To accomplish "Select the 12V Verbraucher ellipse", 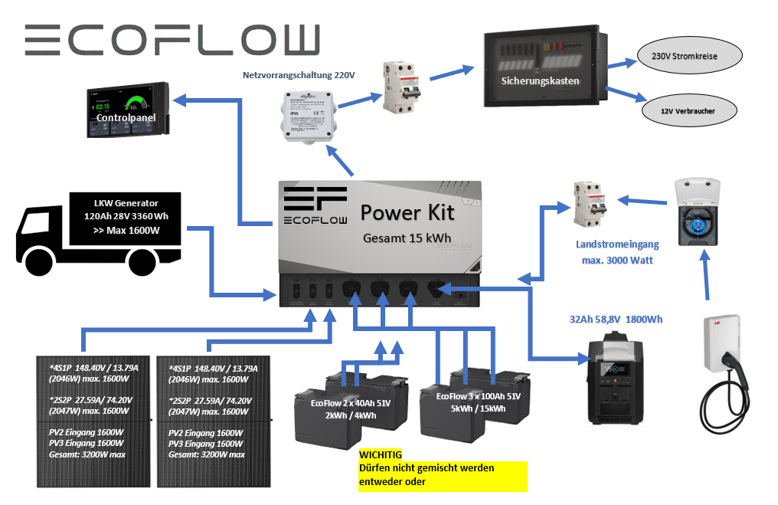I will pyautogui.click(x=688, y=110).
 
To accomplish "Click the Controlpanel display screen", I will pyautogui.click(x=126, y=110).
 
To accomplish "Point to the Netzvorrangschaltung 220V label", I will pyautogui.click(x=298, y=75).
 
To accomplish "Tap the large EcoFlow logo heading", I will pyautogui.click(x=172, y=40).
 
